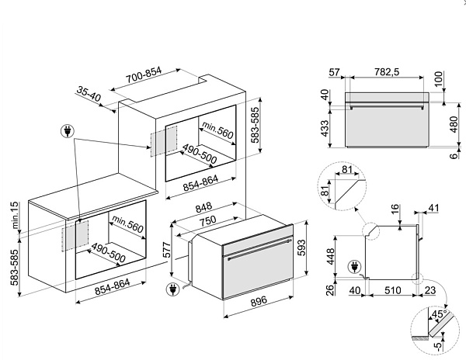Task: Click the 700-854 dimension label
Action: click(x=144, y=74)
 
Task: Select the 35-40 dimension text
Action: click(x=89, y=93)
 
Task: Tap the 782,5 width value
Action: click(x=387, y=72)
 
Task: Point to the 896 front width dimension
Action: click(x=259, y=301)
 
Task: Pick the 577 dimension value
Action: click(x=167, y=250)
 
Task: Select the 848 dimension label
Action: click(x=203, y=207)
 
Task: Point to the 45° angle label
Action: click(x=440, y=314)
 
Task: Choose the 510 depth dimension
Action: click(x=392, y=290)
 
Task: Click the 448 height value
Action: click(x=331, y=256)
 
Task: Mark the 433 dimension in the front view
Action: click(x=325, y=128)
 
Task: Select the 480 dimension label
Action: click(x=454, y=124)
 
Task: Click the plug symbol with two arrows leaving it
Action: click(x=68, y=131)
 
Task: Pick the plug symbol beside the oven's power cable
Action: click(x=173, y=289)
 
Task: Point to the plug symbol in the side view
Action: click(x=355, y=267)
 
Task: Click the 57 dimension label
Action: click(x=334, y=72)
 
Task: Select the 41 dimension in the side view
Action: click(x=433, y=208)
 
